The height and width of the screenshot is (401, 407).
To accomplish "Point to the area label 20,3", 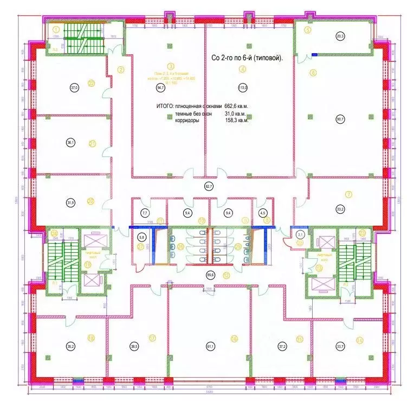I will [340, 36].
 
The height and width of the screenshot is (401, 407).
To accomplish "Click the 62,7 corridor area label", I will [208, 186].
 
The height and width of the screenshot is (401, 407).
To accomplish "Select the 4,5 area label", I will [263, 213].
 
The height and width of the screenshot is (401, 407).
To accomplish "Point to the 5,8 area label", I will [142, 237].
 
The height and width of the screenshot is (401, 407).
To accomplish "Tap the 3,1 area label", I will [300, 234].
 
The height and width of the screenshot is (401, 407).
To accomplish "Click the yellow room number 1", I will [56, 29].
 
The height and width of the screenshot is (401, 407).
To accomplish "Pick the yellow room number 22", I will [92, 83].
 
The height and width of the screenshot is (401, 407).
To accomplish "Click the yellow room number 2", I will [121, 69].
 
